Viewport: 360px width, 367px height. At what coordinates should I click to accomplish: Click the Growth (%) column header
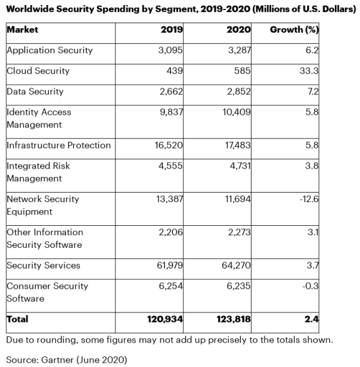294,29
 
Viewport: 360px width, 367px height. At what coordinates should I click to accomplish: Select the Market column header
23,29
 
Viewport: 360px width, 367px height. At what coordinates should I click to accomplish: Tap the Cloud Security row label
38,71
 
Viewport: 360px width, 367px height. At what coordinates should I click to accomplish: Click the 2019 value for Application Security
171,50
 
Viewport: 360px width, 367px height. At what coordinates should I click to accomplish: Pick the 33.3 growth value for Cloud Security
309,71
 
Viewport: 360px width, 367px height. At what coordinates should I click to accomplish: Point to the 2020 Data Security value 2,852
238,92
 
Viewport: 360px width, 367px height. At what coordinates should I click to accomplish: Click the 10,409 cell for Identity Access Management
236,112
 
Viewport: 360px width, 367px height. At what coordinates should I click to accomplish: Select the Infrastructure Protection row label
59,146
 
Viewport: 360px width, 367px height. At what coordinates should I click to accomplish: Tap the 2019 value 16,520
169,146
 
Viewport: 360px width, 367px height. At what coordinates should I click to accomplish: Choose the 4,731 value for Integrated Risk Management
240,166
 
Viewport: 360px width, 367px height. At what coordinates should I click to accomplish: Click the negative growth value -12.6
309,199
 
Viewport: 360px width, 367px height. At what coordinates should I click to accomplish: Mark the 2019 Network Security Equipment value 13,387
169,199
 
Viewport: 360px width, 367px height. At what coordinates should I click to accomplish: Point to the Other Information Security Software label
45,238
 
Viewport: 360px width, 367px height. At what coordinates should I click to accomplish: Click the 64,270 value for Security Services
236,265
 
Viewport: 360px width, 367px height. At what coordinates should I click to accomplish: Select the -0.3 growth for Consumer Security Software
310,286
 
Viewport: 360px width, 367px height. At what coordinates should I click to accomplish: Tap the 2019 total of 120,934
165,319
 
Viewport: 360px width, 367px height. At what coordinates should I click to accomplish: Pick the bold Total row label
18,319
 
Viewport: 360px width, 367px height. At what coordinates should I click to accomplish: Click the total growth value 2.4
311,319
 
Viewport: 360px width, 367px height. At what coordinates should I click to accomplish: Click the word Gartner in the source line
57,359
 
